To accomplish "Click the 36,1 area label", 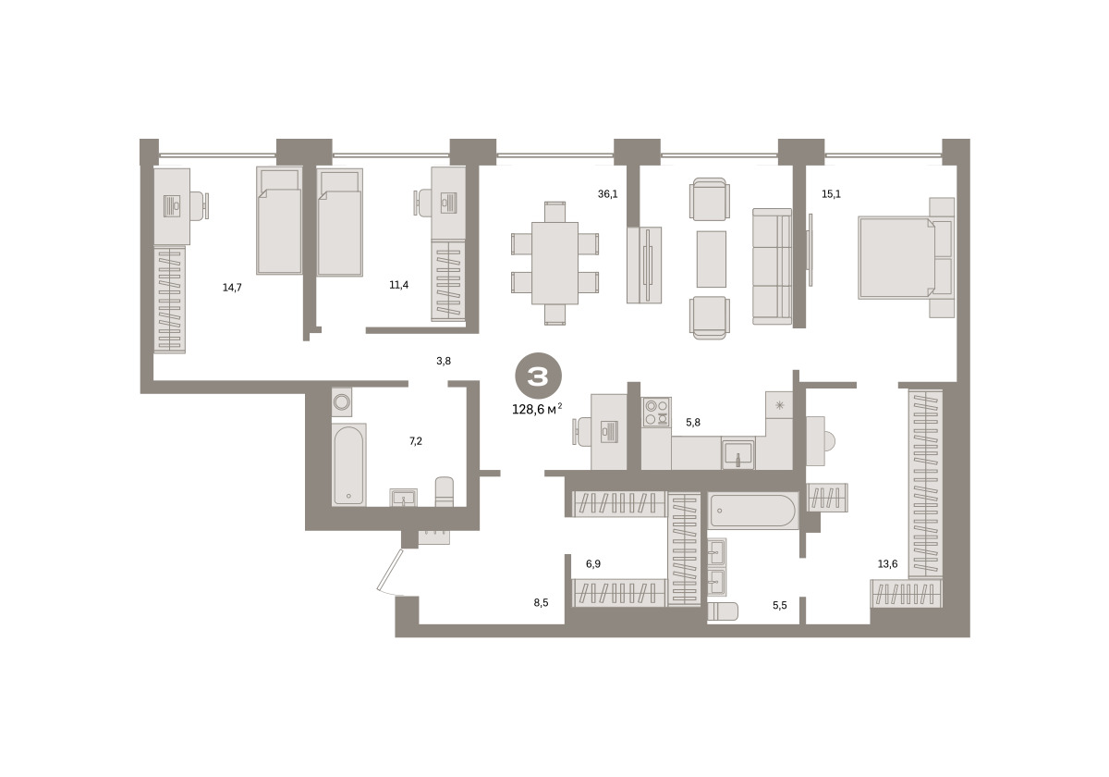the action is point(607,193).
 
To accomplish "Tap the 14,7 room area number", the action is point(232,288).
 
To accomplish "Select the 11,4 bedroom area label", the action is point(398,285).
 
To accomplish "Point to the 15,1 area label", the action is point(831,194).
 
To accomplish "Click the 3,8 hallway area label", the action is point(444,362).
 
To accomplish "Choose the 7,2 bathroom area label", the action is point(416,441).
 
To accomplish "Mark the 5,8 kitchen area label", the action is point(693,423).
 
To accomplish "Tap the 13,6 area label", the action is point(887,564).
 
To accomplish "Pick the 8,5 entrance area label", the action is point(542,603).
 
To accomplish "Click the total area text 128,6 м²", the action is point(537,409).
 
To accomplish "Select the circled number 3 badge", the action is point(538,376).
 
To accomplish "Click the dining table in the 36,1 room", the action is point(554,263).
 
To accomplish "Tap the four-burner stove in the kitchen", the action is point(656,413).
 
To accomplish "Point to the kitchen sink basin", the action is point(737,454).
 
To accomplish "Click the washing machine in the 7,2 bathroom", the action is point(342,401).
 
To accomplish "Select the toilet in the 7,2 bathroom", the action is point(445,491).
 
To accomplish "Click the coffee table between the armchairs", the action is point(712,259).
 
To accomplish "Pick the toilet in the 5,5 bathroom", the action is point(723,611).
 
